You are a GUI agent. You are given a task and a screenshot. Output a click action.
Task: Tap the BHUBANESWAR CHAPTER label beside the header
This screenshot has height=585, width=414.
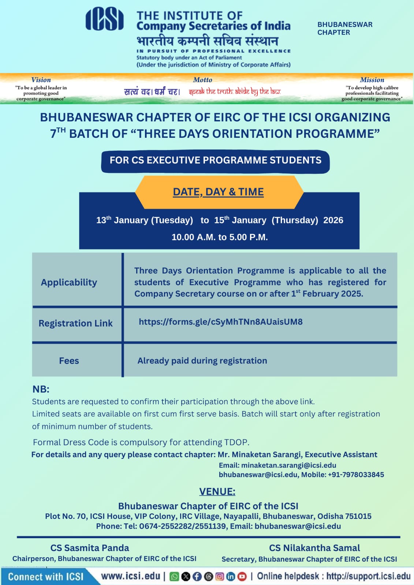click(344, 29)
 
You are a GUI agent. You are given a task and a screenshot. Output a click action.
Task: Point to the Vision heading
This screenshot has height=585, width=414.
click(41, 80)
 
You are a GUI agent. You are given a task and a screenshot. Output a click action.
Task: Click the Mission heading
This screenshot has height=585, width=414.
click(372, 80)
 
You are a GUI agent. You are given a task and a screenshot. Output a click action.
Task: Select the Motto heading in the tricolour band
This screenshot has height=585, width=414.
click(202, 80)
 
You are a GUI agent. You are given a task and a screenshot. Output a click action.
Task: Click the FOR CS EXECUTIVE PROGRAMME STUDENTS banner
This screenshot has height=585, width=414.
click(215, 161)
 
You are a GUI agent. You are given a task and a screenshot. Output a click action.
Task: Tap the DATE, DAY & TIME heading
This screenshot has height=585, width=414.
click(218, 192)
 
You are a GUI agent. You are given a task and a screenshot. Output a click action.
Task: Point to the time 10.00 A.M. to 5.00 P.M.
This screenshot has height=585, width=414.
click(220, 237)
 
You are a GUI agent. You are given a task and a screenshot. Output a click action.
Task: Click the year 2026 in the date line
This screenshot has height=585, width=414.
click(333, 220)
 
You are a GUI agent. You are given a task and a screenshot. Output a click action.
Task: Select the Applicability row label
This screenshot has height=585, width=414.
click(69, 282)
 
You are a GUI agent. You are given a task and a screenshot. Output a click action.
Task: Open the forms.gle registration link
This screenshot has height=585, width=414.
click(220, 322)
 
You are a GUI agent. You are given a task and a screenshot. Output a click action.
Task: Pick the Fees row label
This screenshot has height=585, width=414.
click(69, 361)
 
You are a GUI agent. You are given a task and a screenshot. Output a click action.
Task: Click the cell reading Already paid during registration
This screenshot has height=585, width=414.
click(202, 361)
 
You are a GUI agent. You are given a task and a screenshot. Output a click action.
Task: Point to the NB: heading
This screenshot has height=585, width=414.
click(41, 389)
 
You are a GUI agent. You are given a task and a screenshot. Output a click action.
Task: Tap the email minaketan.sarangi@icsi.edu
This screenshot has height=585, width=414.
click(288, 465)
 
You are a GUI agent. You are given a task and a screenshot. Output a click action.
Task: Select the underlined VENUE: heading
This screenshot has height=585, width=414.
click(217, 492)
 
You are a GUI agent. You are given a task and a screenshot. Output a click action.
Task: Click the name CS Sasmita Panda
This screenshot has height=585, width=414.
click(90, 548)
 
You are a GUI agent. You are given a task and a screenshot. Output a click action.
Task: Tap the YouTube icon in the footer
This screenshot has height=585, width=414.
click(242, 577)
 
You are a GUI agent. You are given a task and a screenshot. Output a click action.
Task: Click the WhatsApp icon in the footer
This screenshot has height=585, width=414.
click(175, 577)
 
